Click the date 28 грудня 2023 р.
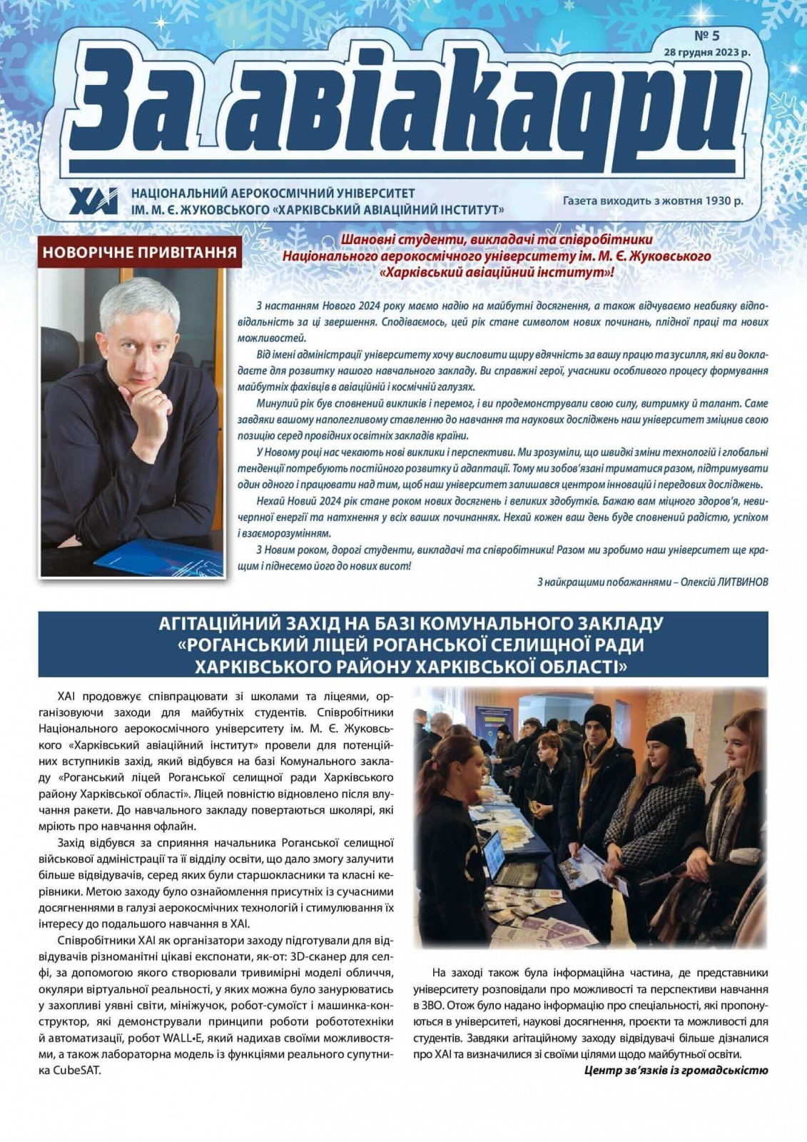pos(706,51)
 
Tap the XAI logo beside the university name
pos(93,201)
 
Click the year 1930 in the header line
pos(712,201)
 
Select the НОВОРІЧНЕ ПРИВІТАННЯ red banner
pos(140,252)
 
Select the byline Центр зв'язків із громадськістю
pos(676,1071)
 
